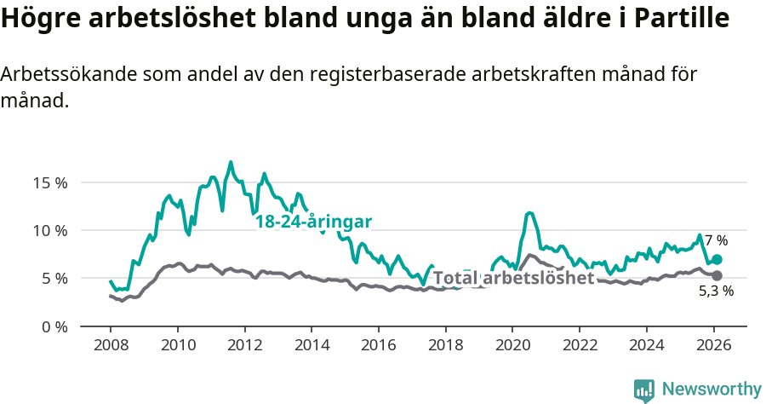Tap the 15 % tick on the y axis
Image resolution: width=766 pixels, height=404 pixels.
50,182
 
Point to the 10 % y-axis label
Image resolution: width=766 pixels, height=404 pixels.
50,230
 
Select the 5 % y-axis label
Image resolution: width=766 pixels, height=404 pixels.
54,278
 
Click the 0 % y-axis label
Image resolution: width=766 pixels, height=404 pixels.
54,326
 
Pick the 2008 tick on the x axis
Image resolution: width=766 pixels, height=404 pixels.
111,347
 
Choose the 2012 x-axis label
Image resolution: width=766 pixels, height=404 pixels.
244,347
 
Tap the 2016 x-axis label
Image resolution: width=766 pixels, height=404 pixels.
378,347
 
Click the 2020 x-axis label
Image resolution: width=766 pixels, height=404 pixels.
512,347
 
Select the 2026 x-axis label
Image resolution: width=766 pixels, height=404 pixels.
713,347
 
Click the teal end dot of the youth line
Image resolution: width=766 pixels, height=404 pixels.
717,259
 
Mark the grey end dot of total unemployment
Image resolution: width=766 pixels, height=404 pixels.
717,275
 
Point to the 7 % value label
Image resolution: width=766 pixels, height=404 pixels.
716,240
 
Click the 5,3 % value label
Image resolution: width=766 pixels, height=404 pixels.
716,291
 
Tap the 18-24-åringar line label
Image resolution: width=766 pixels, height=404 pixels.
314,222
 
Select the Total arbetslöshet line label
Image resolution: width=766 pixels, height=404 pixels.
513,278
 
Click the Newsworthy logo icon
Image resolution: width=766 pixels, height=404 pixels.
644,390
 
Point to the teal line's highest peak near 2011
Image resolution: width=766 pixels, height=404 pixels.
231,162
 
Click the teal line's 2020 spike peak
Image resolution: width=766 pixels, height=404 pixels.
529,213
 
